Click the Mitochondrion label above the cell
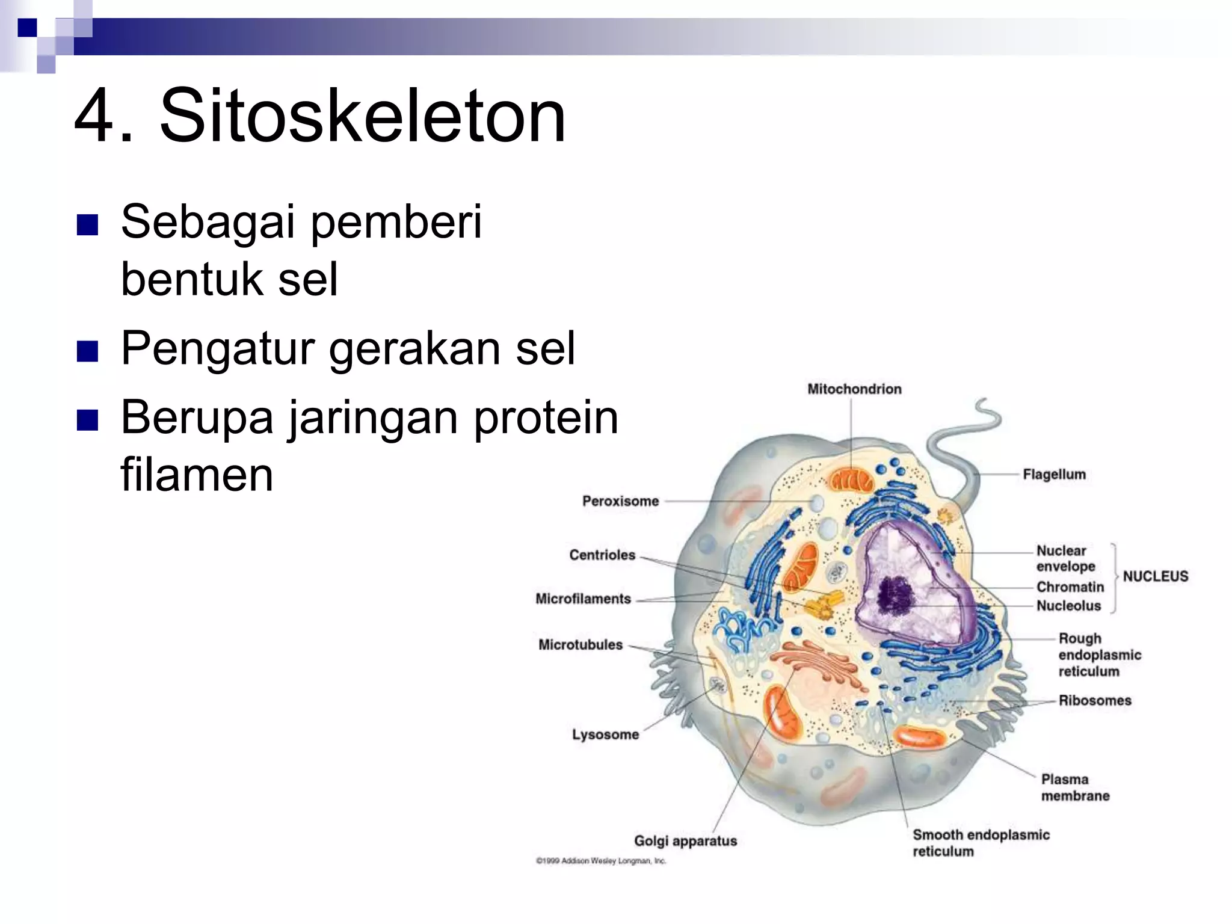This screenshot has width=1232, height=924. point(854,389)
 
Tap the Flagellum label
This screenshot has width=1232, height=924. point(1054,475)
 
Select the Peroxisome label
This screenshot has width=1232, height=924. point(620,501)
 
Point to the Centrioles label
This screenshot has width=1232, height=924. point(602,555)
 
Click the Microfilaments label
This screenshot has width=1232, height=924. point(583,599)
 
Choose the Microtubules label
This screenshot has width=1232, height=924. point(580,645)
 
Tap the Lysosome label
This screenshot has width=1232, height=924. point(605,735)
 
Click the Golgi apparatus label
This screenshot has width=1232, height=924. point(685,841)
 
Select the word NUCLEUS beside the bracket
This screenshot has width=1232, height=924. point(1155,576)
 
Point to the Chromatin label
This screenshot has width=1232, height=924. point(1070,587)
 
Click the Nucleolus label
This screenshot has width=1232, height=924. point(1068,606)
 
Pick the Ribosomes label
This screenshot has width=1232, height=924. point(1094,700)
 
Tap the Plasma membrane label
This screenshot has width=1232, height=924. point(1074,787)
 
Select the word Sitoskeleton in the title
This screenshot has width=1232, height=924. point(362,115)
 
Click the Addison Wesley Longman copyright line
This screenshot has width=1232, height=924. point(600,861)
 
